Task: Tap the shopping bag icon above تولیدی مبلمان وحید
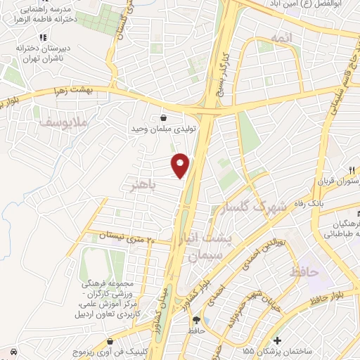tap(164, 118)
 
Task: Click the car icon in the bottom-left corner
tap(13, 349)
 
